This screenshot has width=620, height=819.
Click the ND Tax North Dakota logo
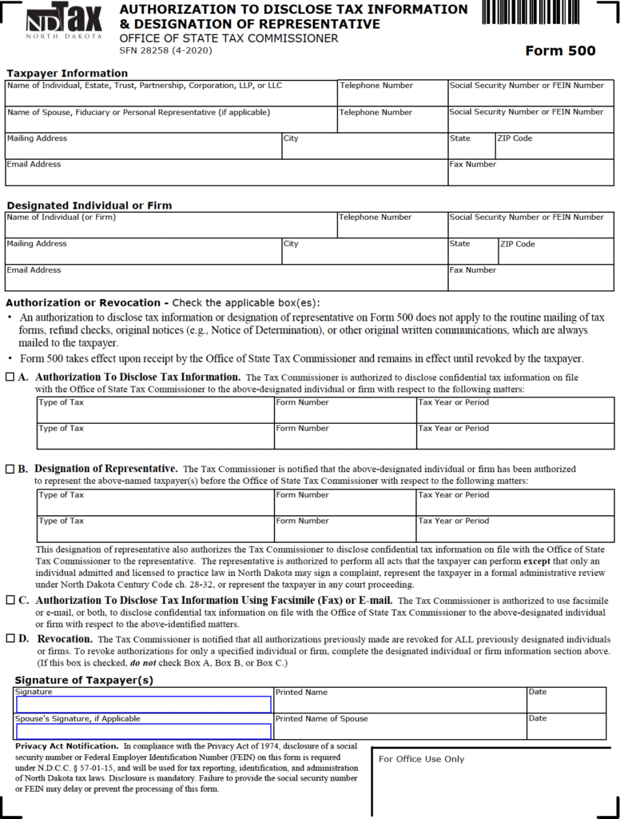[x=64, y=22]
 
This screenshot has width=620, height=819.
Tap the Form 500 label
[x=560, y=51]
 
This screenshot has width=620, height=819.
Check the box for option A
[x=10, y=377]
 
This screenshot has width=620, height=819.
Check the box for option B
[x=10, y=469]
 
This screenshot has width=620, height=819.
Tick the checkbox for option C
[x=10, y=600]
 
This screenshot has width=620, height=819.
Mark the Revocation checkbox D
[x=10, y=639]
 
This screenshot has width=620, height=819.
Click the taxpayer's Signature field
[x=144, y=705]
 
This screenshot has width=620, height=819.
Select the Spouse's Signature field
[x=144, y=731]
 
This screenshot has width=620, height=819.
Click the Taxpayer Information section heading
[x=67, y=74]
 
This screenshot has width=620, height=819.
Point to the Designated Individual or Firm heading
[x=89, y=206]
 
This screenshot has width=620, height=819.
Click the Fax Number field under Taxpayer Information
[x=531, y=176]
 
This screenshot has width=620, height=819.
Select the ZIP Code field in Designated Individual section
[x=555, y=254]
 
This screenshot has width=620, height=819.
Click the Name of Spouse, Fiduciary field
[x=171, y=122]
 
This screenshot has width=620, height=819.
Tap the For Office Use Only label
[x=421, y=759]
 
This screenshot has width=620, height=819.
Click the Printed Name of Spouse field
[x=399, y=729]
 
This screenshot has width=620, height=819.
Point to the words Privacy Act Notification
[x=66, y=745]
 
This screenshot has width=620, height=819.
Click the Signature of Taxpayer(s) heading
[x=84, y=681]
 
